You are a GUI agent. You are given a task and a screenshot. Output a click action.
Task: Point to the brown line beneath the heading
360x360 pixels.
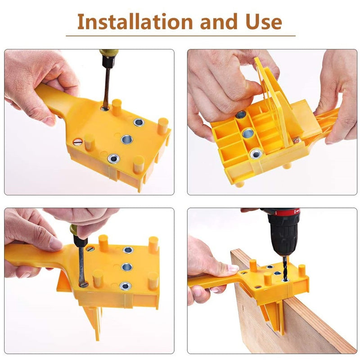point(180,36)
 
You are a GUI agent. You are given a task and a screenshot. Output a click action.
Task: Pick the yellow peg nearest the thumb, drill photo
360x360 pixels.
point(253,265)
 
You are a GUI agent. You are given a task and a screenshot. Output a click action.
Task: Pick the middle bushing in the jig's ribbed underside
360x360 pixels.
point(247,134)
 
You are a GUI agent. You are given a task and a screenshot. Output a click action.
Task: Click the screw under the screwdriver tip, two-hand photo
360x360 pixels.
point(83,283)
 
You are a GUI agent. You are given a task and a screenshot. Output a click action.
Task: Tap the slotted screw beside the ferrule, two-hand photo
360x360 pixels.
point(91,248)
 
